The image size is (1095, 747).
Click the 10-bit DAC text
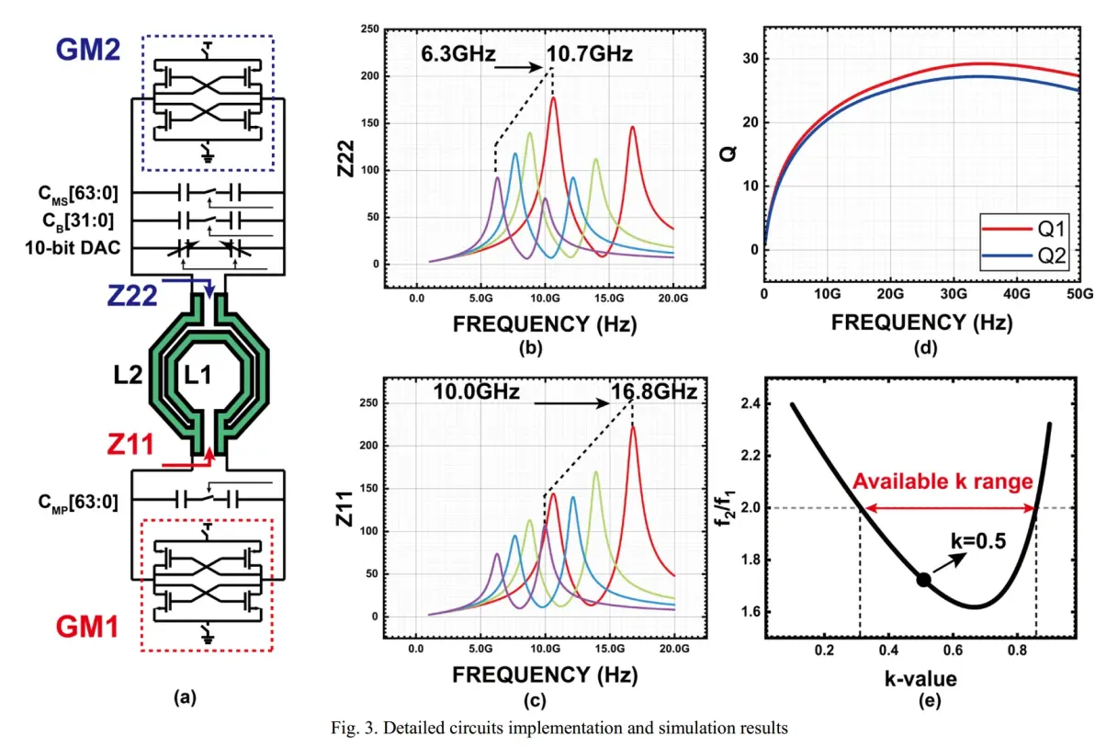(80, 248)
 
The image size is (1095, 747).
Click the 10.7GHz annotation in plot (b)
(589, 54)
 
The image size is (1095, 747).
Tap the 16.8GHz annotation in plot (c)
(653, 392)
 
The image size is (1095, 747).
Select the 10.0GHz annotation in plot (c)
(477, 392)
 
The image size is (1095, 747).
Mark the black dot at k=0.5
(923, 579)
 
